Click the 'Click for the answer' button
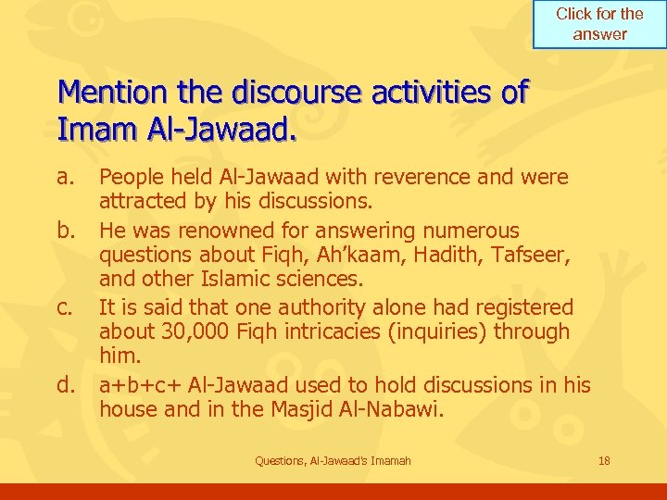tap(599, 25)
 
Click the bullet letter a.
tap(65, 176)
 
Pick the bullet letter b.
tap(65, 230)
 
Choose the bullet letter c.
tap(65, 306)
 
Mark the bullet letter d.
tap(65, 384)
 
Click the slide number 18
tap(605, 461)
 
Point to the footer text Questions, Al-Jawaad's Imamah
tap(333, 461)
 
